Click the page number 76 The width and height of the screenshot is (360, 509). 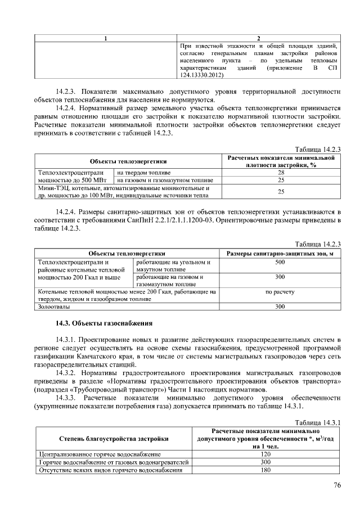[x=337, y=485]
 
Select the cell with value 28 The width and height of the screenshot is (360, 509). [x=281, y=172]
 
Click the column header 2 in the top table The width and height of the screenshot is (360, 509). [x=258, y=38]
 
